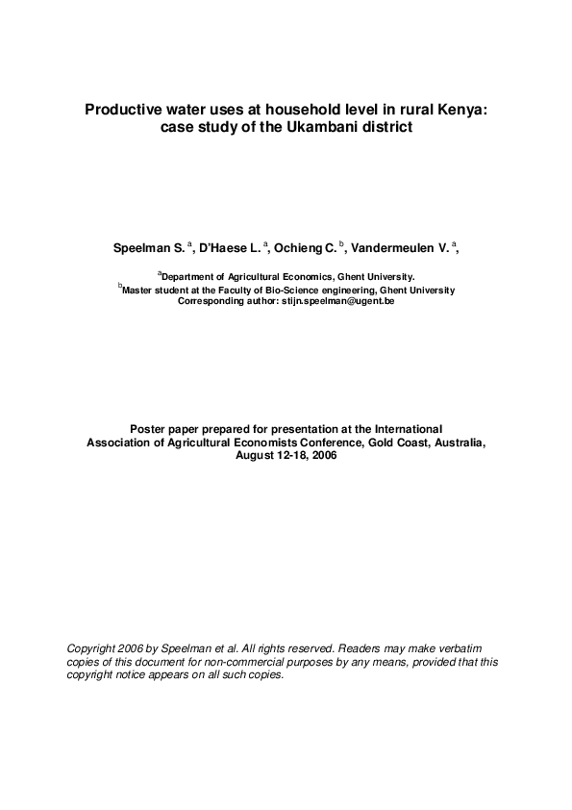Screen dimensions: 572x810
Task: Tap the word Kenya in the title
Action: click(x=463, y=110)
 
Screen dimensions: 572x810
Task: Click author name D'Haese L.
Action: click(x=227, y=248)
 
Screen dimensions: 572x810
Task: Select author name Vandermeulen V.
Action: click(x=397, y=248)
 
